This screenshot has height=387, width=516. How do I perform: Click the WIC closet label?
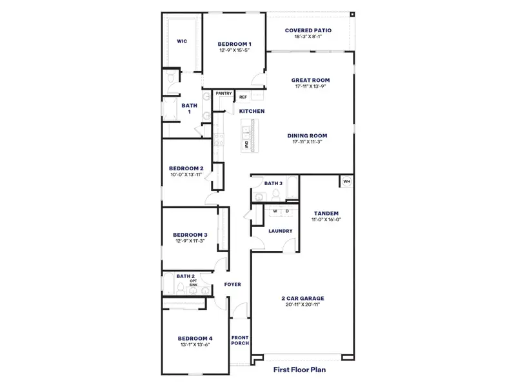181,41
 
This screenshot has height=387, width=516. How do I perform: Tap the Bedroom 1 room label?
234,44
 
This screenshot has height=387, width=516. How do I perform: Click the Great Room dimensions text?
311,86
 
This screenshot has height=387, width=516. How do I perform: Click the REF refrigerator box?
243,97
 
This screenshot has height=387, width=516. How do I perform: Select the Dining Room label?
307,135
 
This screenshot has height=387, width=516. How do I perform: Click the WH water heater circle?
346,182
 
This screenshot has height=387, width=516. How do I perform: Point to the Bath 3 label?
273,183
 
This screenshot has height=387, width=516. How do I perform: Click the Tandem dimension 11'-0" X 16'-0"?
326,219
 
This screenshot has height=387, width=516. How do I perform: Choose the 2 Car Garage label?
303,298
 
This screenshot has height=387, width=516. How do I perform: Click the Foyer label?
232,284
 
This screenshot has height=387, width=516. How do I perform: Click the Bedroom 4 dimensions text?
194,344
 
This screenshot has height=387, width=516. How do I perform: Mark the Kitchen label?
252,111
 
